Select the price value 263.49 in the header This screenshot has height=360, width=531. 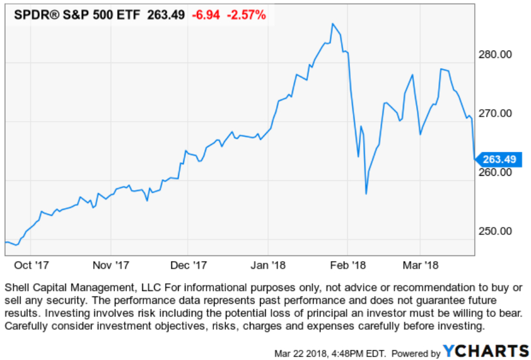(166, 15)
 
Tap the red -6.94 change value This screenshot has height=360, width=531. (205, 15)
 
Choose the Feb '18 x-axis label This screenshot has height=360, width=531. (348, 265)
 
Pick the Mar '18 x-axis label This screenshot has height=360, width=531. (419, 265)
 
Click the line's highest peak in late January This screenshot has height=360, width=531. (332, 24)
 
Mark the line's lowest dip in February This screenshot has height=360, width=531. (366, 194)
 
